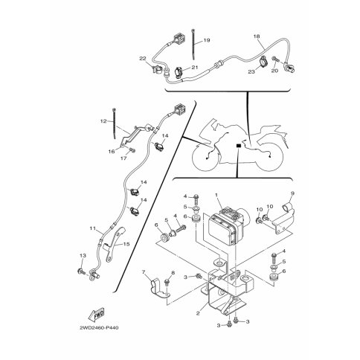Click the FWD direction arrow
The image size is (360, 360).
[x=96, y=314]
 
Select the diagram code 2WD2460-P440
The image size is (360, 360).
[x=99, y=328]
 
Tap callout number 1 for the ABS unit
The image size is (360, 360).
[x=216, y=195]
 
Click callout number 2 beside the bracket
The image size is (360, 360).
[x=198, y=313]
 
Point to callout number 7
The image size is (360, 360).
[x=144, y=272]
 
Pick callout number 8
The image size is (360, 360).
[x=173, y=272]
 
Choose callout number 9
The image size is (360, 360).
[x=292, y=193]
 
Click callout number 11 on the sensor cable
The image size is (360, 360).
[x=92, y=228]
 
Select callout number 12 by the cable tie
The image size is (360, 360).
[x=103, y=121]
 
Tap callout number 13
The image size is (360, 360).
[x=83, y=255]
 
